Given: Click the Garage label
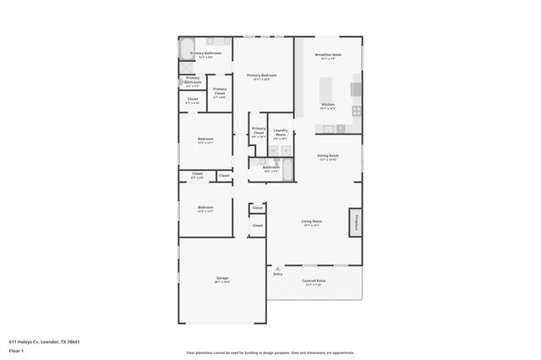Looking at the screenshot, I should [222, 278].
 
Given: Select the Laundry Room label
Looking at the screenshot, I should [280, 133].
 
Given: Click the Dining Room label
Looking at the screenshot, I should [328, 156].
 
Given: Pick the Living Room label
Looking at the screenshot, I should [312, 222].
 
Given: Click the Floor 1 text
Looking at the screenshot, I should [16, 349].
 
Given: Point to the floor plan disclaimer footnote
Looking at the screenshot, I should [270, 352].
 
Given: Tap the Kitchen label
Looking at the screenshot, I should [328, 106].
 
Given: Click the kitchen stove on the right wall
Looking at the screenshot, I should [357, 111].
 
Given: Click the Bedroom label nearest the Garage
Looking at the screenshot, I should [205, 208].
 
